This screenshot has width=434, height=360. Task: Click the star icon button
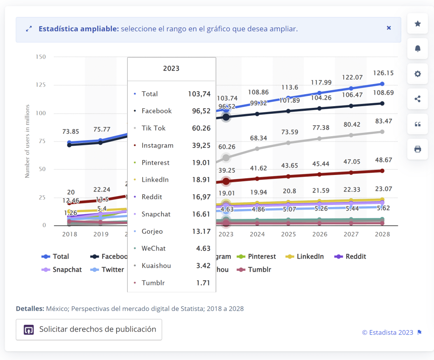pyautogui.click(x=417, y=24)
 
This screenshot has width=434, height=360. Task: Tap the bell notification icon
pyautogui.click(x=417, y=49)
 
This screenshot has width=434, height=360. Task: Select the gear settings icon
pyautogui.click(x=417, y=74)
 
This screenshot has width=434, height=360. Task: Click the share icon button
pyautogui.click(x=417, y=99)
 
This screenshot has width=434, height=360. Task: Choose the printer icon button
pyautogui.click(x=417, y=149)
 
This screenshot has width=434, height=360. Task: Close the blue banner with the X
pyautogui.click(x=389, y=28)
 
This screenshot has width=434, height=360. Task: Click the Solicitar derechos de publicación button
pyautogui.click(x=89, y=329)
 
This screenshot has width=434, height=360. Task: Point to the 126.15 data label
pyautogui.click(x=382, y=73)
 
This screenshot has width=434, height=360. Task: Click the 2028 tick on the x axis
pyautogui.click(x=382, y=234)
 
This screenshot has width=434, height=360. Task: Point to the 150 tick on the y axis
pyautogui.click(x=41, y=57)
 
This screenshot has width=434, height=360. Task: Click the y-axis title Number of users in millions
pyautogui.click(x=27, y=141)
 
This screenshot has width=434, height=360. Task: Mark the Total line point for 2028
pyautogui.click(x=382, y=84)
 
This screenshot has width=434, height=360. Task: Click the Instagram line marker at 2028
pyautogui.click(x=382, y=171)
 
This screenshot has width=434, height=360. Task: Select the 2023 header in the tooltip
pyautogui.click(x=171, y=68)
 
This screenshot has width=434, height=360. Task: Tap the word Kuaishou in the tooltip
pyautogui.click(x=156, y=266)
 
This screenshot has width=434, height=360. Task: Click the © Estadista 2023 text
pyautogui.click(x=387, y=332)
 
